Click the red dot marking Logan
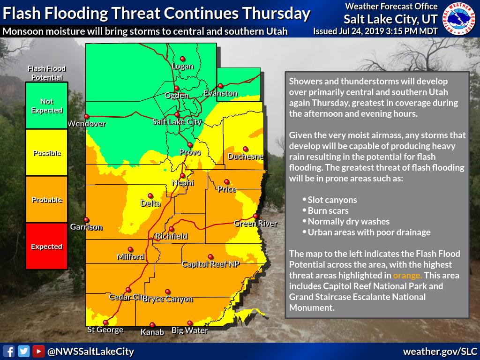click(x=183, y=59)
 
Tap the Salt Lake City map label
click(x=177, y=122)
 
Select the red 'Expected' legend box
click(x=46, y=246)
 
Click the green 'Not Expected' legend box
click(x=46, y=106)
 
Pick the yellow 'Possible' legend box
click(x=46, y=153)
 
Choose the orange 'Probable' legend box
click(x=46, y=200)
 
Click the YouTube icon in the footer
click(x=38, y=351)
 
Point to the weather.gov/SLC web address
click(x=439, y=351)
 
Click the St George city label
click(x=105, y=330)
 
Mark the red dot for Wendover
click(x=86, y=116)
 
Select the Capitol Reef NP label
click(x=210, y=264)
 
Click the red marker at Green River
click(x=255, y=216)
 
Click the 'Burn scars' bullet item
click(x=328, y=210)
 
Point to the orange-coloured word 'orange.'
click(x=407, y=275)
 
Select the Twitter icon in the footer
click(x=23, y=351)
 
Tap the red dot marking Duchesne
click(x=246, y=149)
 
